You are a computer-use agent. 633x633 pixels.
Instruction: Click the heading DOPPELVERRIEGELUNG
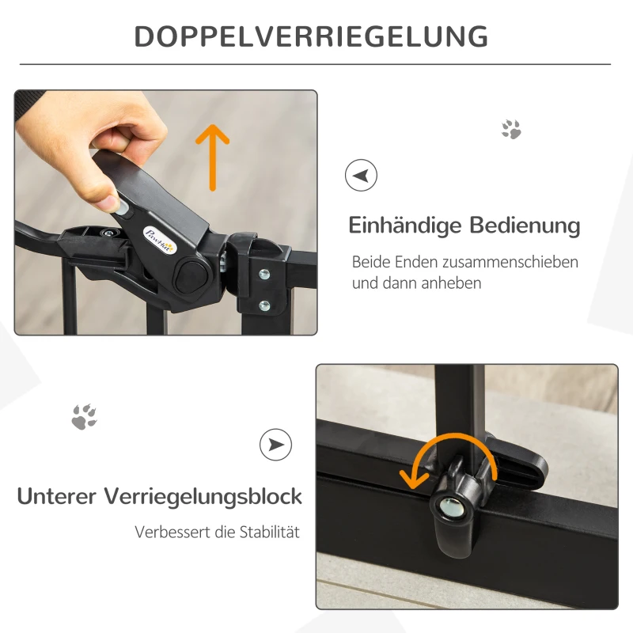coord(310,36)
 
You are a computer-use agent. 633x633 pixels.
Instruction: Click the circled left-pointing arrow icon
coord(361,175)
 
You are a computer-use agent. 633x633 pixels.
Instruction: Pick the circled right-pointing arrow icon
coord(275,445)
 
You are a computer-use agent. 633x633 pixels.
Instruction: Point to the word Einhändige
coord(405,226)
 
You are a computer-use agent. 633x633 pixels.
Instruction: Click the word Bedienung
coord(525,226)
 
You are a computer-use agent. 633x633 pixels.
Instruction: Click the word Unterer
coord(57,497)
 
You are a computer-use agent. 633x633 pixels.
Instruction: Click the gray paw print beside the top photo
coord(511,129)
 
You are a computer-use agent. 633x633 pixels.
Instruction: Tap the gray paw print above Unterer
coord(84,416)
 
